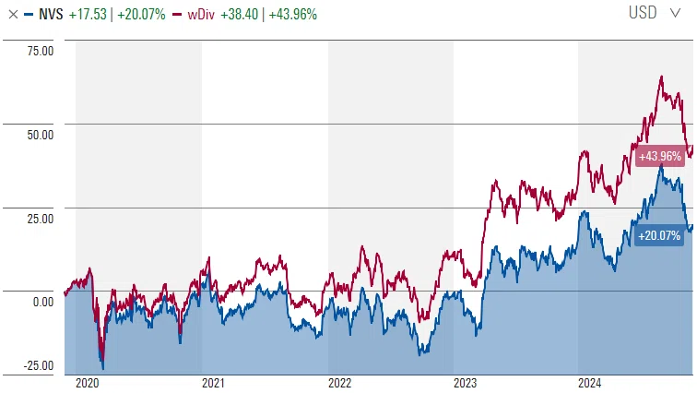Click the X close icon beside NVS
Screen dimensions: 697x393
tap(13, 14)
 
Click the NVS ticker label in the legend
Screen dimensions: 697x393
tap(51, 14)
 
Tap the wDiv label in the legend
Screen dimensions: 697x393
tap(201, 14)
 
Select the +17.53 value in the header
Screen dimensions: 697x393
tap(88, 14)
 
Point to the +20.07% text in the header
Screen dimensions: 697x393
tap(141, 14)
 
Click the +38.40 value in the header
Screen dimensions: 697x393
tap(239, 14)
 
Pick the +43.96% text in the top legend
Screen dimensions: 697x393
tap(293, 14)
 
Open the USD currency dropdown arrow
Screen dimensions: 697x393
tap(675, 13)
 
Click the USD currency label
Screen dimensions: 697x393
tap(643, 12)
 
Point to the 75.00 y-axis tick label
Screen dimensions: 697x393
tap(40, 51)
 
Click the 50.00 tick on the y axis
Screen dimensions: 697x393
tap(40, 135)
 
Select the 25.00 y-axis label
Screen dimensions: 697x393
tap(40, 219)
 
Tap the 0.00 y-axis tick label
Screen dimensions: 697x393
tap(43, 302)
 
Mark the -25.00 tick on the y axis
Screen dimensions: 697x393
tap(38, 365)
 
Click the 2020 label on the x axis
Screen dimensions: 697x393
tap(87, 383)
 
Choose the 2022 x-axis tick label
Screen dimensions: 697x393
tap(339, 383)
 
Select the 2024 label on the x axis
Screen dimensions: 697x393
tap(589, 383)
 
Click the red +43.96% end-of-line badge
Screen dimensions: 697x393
tap(660, 157)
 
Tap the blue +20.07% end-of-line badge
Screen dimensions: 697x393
tap(659, 235)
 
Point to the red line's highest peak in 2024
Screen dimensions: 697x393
tap(661, 77)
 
